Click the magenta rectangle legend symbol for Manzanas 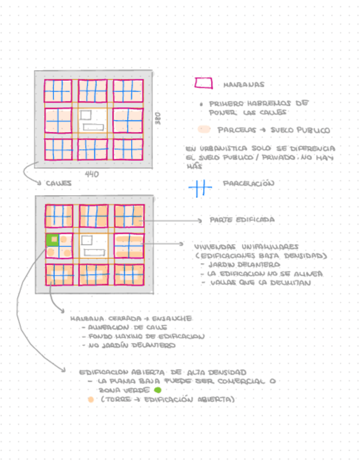pos(203,83)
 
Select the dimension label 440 pos(92,174)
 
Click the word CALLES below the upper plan pos(58,183)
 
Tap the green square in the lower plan pos(53,240)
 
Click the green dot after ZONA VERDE pos(157,390)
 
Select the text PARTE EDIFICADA pos(241,220)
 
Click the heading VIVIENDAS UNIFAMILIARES pos(246,246)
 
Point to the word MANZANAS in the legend pos(243,84)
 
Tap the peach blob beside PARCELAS pos(204,130)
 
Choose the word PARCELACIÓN pos(248,184)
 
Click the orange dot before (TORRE pos(90,400)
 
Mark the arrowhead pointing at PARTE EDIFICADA pos(200,220)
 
